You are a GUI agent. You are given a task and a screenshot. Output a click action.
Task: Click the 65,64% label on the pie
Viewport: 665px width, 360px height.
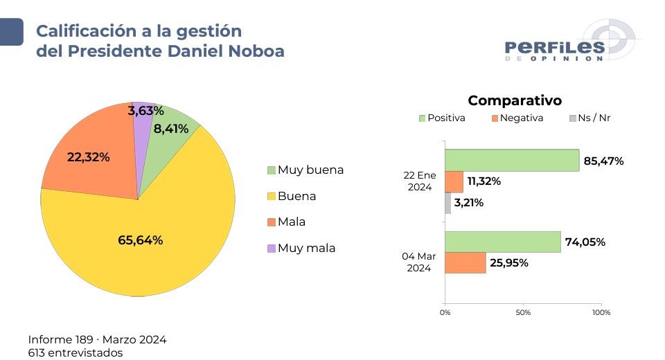[x=141, y=240]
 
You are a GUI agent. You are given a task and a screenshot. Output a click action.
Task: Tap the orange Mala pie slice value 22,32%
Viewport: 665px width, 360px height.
[x=88, y=157]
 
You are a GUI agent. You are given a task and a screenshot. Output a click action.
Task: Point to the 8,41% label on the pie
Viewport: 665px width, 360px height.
[x=171, y=128]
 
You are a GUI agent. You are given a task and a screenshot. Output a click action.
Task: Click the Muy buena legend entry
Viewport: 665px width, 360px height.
[x=305, y=170]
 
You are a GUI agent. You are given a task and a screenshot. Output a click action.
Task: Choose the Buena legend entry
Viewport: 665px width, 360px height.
[x=292, y=196]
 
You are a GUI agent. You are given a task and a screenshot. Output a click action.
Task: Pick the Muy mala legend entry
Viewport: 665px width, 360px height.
[x=301, y=248]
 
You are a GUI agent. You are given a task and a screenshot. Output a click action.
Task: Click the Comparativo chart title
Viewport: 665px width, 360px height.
[x=515, y=100]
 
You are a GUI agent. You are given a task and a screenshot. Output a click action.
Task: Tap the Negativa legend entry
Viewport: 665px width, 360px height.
[x=517, y=118]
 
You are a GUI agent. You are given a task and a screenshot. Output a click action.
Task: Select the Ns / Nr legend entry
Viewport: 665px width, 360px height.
[x=589, y=118]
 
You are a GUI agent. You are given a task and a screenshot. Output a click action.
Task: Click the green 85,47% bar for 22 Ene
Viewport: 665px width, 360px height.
[x=512, y=161]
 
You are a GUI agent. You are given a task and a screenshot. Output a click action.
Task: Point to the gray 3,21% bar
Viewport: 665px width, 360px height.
[x=447, y=203]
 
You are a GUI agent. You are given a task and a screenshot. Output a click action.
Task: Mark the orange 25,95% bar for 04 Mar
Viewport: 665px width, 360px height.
[x=465, y=262]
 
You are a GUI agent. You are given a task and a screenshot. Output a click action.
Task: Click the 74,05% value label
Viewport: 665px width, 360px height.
[x=585, y=242]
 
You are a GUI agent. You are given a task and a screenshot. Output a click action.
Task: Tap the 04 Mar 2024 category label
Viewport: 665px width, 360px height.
[x=419, y=262]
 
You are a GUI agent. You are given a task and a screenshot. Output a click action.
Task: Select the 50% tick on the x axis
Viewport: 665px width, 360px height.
[x=523, y=313]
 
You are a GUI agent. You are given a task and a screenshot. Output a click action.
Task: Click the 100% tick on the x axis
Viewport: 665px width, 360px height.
[x=601, y=313]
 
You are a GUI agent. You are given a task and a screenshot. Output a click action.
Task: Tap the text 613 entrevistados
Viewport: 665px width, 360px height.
[x=76, y=352]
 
